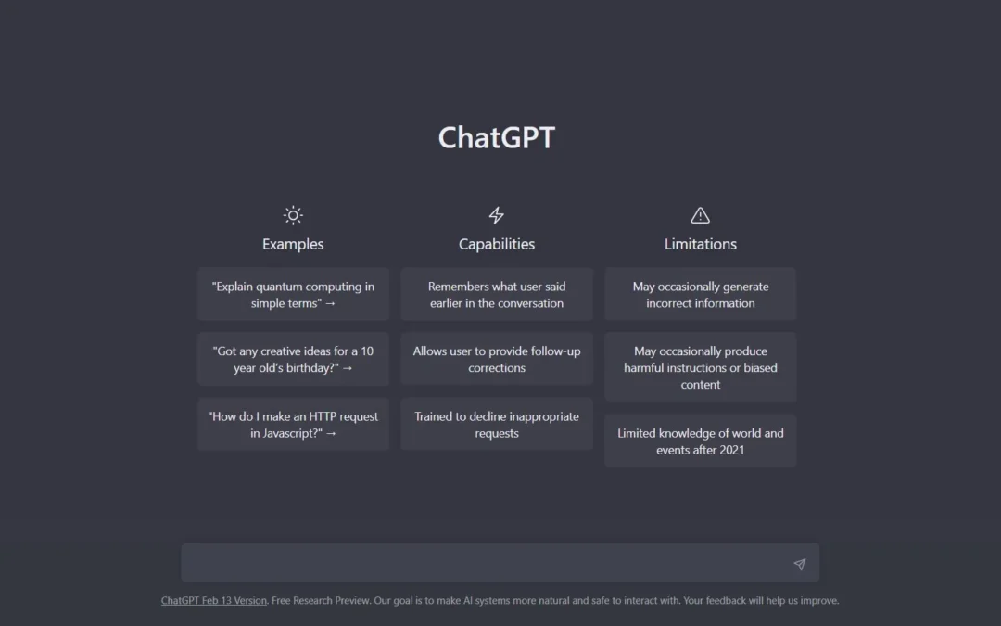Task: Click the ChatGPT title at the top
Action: pyautogui.click(x=497, y=137)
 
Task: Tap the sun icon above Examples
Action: pyautogui.click(x=293, y=215)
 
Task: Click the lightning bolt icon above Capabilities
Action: pyautogui.click(x=497, y=215)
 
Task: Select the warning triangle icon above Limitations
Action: pyautogui.click(x=701, y=215)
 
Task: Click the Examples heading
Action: pyautogui.click(x=293, y=244)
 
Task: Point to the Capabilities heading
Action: pyautogui.click(x=497, y=244)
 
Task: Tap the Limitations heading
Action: pyautogui.click(x=701, y=244)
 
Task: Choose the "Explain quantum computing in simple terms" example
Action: pyautogui.click(x=293, y=295)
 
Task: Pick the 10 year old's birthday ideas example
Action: pyautogui.click(x=293, y=359)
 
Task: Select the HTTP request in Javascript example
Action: pyautogui.click(x=293, y=424)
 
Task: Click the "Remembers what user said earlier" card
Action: pyautogui.click(x=497, y=295)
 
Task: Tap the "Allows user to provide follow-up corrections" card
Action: pyautogui.click(x=497, y=359)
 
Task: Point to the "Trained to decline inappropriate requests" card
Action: pyautogui.click(x=497, y=424)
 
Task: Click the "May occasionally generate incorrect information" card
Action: pyautogui.click(x=701, y=295)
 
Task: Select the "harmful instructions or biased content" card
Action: pyautogui.click(x=701, y=367)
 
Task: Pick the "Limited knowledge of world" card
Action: pyautogui.click(x=701, y=441)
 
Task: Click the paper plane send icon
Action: pyautogui.click(x=799, y=564)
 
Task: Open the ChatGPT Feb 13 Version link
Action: pyautogui.click(x=214, y=600)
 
